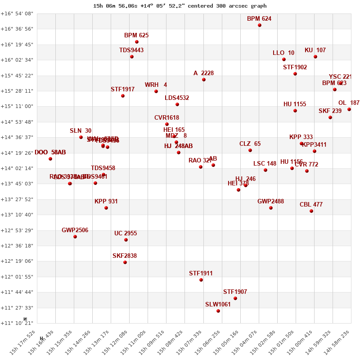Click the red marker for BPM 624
click(x=260, y=25)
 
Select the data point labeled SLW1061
click(x=218, y=311)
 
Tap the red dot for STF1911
click(x=201, y=280)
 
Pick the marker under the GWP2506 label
click(x=75, y=237)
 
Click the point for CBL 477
click(x=311, y=211)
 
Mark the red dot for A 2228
click(x=204, y=80)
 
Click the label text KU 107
click(x=315, y=50)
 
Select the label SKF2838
click(x=125, y=256)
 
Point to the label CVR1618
click(x=166, y=118)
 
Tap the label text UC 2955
click(x=126, y=234)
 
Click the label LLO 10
click(x=283, y=53)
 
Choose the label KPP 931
click(x=106, y=202)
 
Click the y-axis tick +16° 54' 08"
click(x=17, y=13)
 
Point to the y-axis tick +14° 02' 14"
click(x=17, y=168)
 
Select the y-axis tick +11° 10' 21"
click(x=17, y=323)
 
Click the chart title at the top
click(x=180, y=6)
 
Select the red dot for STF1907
click(x=235, y=298)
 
